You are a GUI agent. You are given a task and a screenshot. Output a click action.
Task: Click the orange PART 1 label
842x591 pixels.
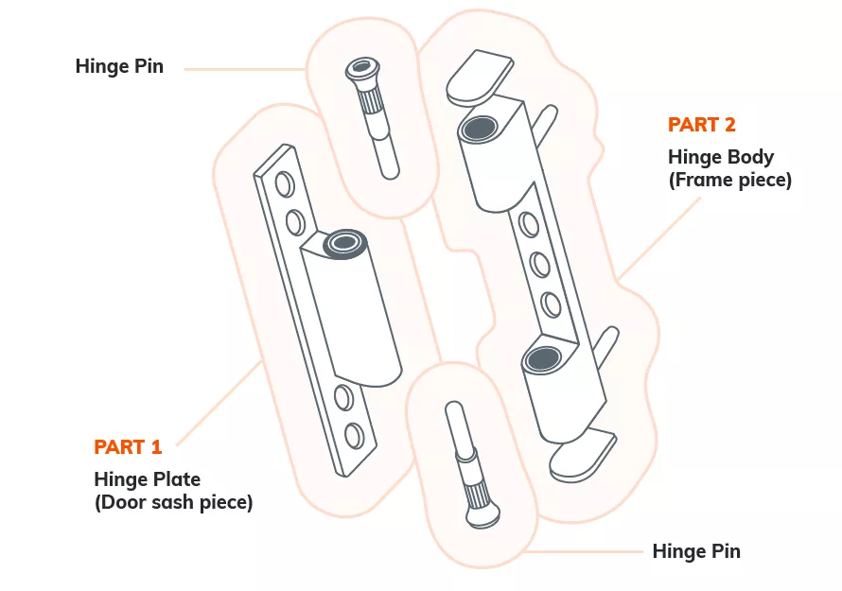click(x=128, y=446)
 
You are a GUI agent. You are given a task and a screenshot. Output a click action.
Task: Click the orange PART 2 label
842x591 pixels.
click(x=701, y=124)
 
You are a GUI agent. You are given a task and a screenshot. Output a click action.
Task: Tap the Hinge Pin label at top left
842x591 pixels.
click(x=119, y=66)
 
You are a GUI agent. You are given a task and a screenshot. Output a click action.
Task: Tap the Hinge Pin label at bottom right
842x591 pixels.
click(x=696, y=551)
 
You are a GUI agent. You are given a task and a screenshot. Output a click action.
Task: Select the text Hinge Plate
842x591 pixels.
click(x=147, y=478)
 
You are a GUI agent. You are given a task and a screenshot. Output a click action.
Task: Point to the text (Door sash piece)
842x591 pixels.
click(x=173, y=502)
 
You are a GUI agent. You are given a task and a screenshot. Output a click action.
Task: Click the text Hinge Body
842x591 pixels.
click(x=721, y=156)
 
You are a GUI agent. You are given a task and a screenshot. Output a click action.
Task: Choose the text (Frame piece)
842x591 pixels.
click(x=729, y=180)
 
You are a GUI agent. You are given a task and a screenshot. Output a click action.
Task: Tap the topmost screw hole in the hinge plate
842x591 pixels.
click(x=283, y=182)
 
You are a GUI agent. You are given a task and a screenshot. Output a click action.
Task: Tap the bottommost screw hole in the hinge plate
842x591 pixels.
click(x=354, y=436)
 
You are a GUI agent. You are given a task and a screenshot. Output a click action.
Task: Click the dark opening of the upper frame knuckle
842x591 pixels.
click(x=479, y=128)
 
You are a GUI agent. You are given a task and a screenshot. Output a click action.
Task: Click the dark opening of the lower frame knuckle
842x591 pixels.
click(x=542, y=357)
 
